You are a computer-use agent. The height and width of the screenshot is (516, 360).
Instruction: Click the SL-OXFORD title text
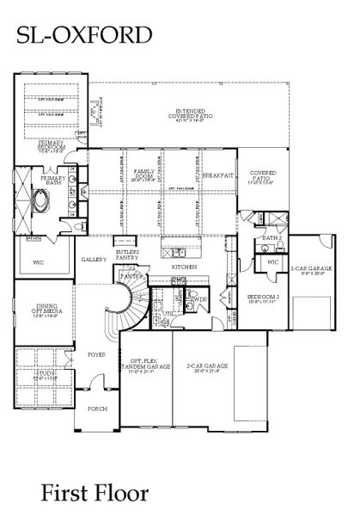82,34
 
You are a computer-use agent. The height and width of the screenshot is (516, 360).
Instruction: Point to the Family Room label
143,175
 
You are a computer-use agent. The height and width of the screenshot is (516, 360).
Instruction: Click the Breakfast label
218,175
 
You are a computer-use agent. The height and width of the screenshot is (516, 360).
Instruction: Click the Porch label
96,408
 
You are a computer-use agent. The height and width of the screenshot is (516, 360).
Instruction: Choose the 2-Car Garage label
206,365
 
